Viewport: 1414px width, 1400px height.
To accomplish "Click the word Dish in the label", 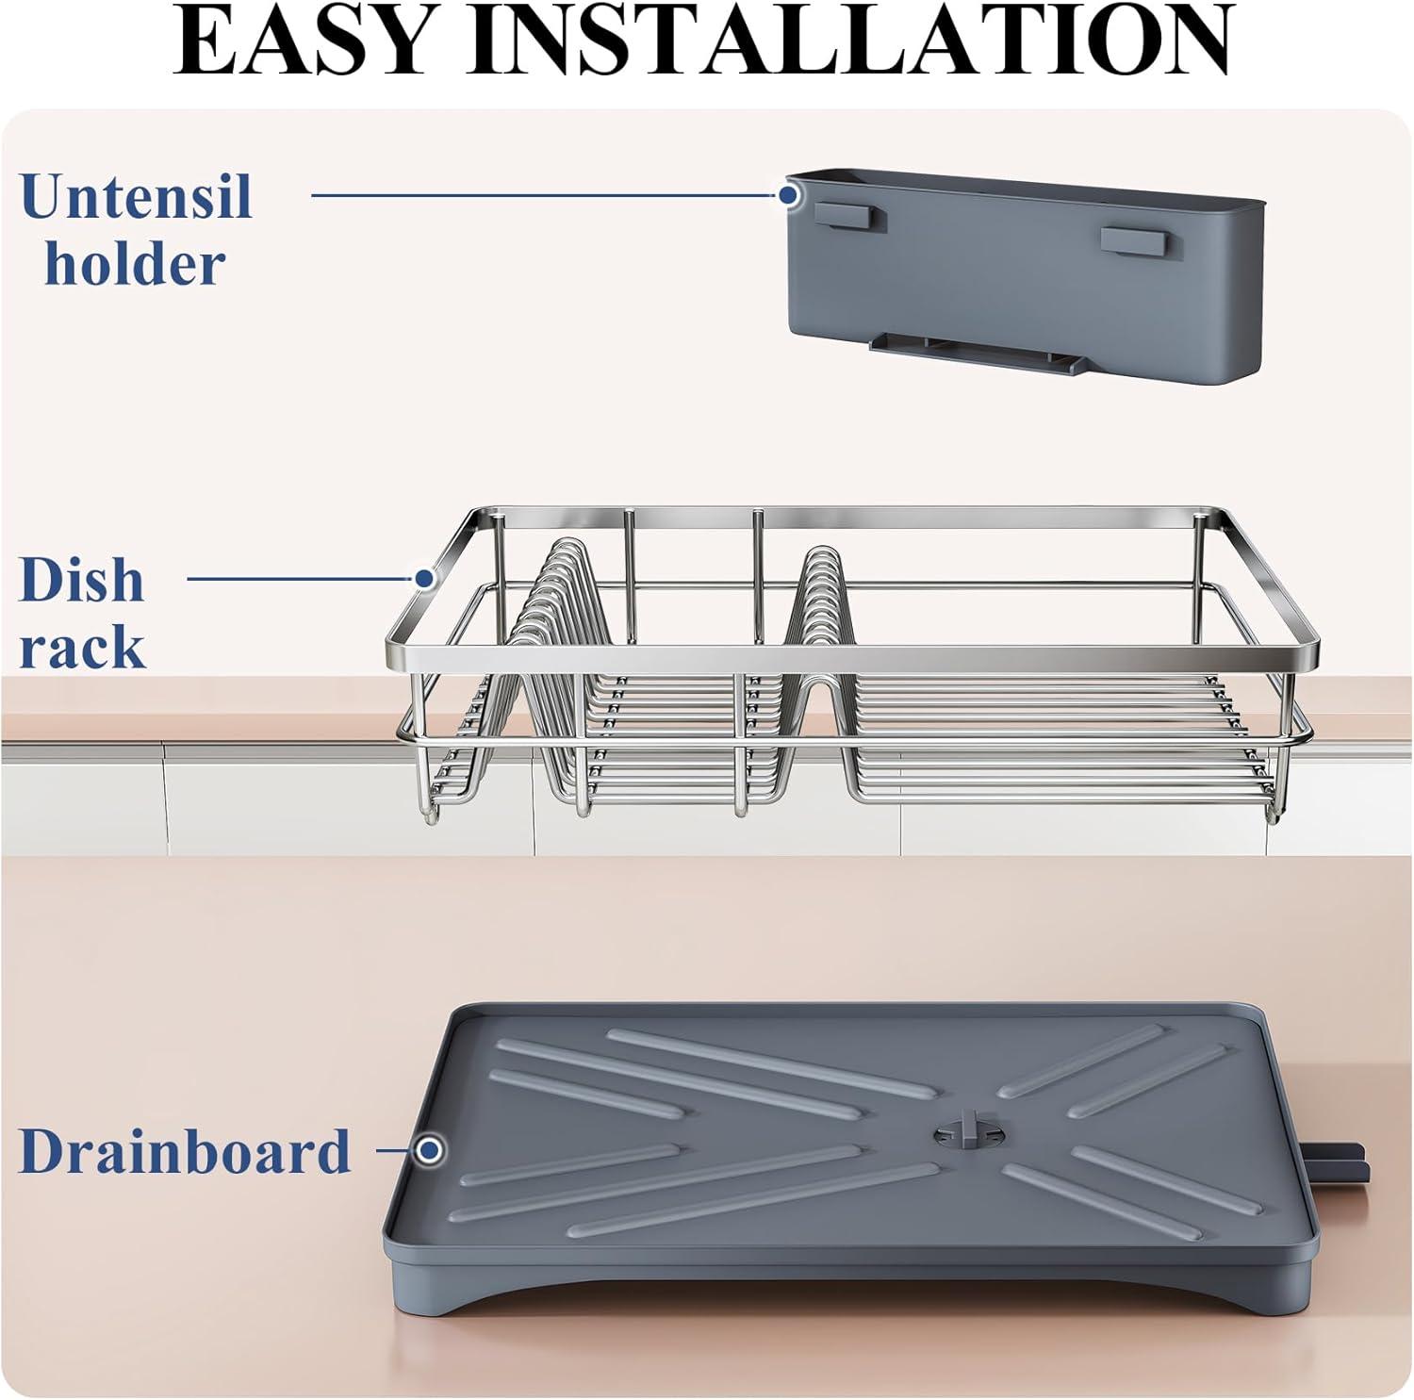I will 82,580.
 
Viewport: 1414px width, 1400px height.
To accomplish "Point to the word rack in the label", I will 83,648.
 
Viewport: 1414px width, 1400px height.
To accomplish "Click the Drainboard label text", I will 185,1150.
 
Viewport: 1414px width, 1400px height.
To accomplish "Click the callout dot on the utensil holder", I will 788,195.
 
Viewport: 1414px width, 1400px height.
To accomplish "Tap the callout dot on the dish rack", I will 424,577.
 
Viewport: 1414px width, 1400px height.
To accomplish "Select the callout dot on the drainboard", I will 431,1149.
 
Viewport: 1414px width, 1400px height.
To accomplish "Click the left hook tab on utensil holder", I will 851,216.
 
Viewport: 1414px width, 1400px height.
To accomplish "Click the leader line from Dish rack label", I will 302,577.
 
